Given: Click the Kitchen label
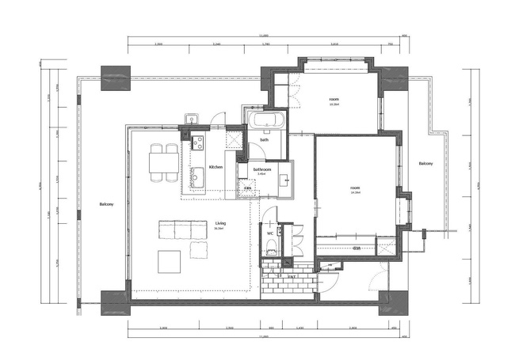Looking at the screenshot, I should click(216, 168).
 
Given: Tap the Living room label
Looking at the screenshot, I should click(219, 224).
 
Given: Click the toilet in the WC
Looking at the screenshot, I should click(270, 246).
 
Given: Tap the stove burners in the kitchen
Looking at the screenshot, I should click(196, 143).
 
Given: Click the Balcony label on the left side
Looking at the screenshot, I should click(107, 205).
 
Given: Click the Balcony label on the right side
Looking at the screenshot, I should click(425, 164).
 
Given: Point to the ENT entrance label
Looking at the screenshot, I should click(292, 276).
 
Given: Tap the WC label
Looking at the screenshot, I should click(270, 233).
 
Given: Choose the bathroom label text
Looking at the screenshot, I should click(262, 169).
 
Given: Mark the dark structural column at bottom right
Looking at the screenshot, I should click(391, 301).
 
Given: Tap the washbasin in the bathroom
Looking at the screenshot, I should click(284, 180).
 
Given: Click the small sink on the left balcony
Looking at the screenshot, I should click(190, 120).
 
